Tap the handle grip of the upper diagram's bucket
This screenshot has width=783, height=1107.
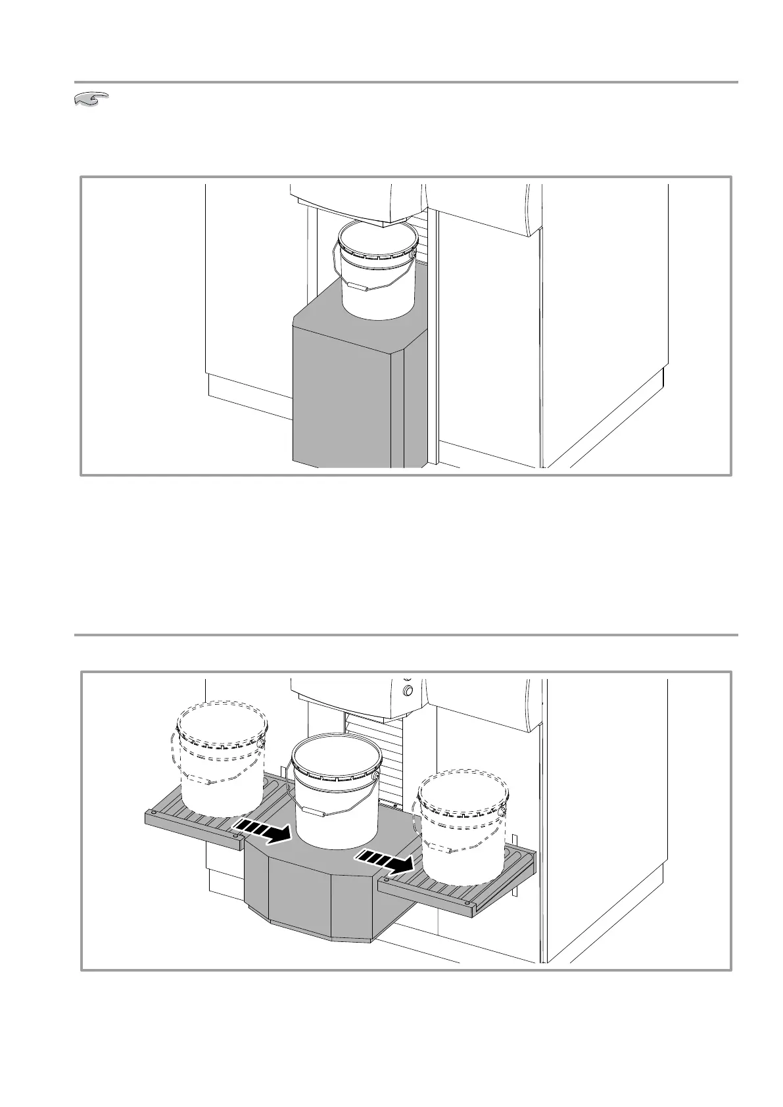coord(358,287)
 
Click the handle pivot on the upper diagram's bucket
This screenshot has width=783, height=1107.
coord(412,252)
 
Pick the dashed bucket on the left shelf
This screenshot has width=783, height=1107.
coord(220,763)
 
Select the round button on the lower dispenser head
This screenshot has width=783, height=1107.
coord(407,690)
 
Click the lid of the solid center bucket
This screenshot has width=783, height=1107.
coord(336,754)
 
